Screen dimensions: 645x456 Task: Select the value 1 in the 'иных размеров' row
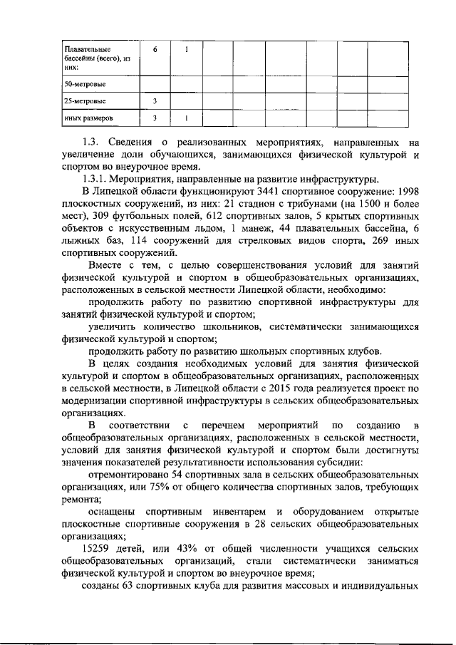[187, 118]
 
